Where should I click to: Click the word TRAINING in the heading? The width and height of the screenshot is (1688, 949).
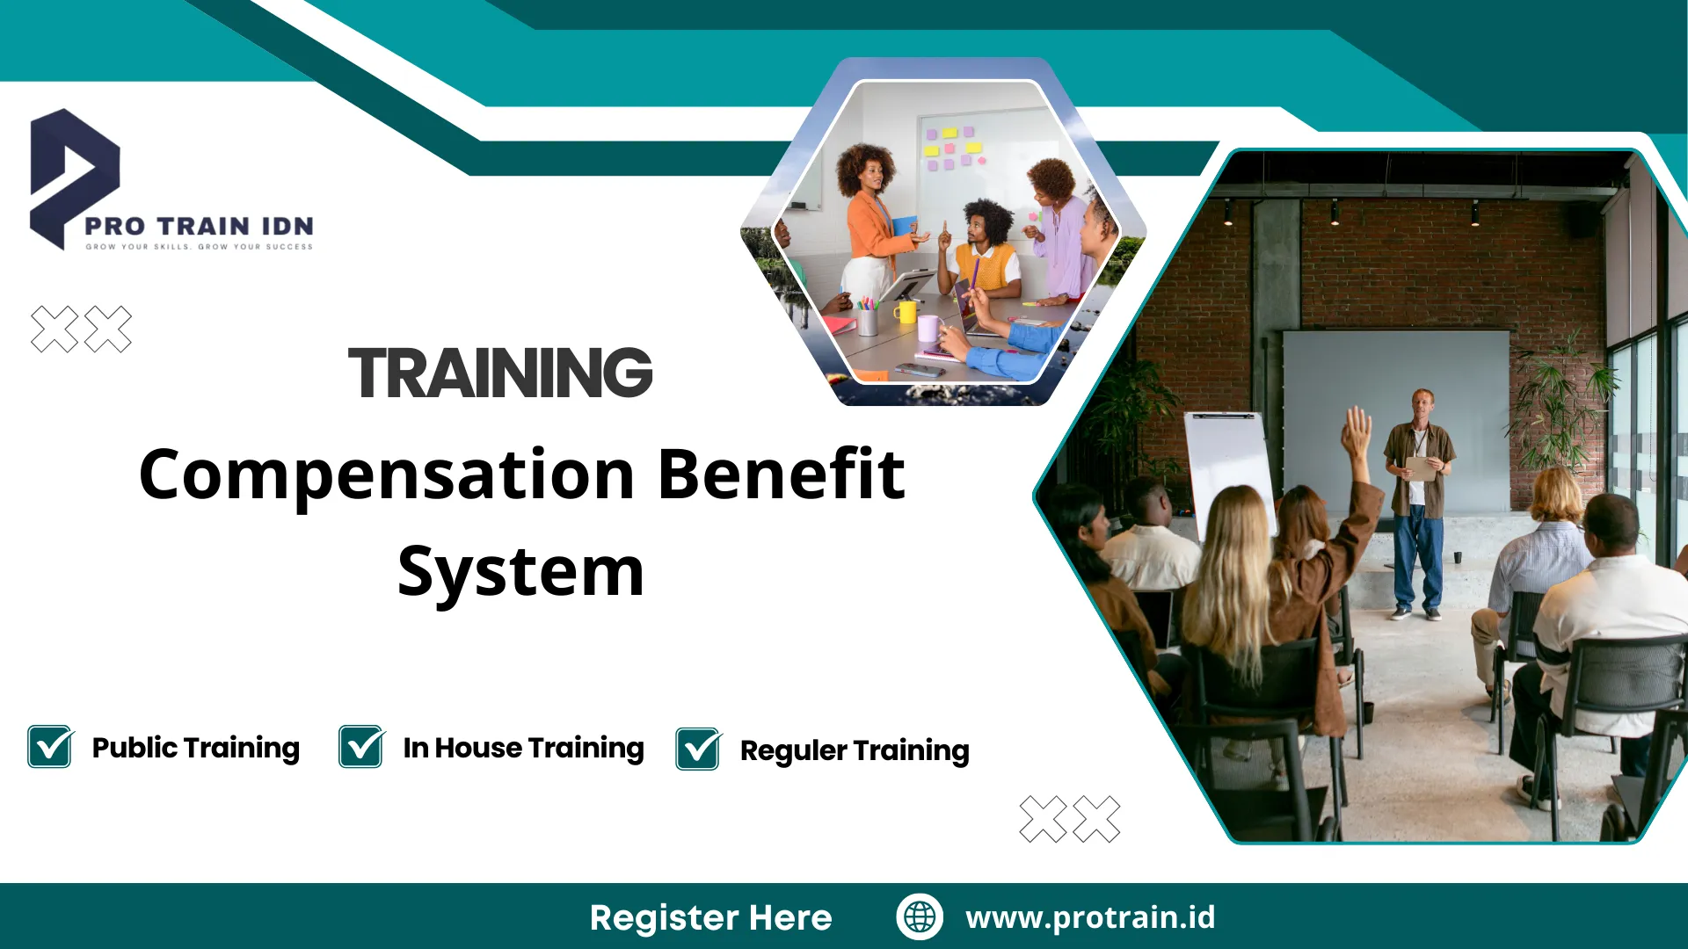point(500,373)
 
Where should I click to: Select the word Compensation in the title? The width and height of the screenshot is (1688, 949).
point(387,475)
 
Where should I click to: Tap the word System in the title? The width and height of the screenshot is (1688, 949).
point(520,572)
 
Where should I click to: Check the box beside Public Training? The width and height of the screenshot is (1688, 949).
point(50,747)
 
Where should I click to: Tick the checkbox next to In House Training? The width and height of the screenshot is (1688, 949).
point(361,747)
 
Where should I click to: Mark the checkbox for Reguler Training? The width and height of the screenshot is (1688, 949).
point(698,750)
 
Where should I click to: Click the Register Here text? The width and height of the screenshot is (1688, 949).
point(710,917)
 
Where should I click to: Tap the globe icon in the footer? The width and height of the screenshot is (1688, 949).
point(920,916)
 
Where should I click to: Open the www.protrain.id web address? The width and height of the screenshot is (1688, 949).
point(1090,917)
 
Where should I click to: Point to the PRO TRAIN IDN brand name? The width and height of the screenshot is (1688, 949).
point(199,227)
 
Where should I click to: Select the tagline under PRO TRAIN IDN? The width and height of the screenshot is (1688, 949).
point(199,247)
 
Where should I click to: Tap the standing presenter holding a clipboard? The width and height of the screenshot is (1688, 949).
point(1417,501)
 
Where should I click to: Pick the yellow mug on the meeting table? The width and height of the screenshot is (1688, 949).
point(905,312)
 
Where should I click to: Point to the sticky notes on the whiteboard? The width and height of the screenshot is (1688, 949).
point(952,148)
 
